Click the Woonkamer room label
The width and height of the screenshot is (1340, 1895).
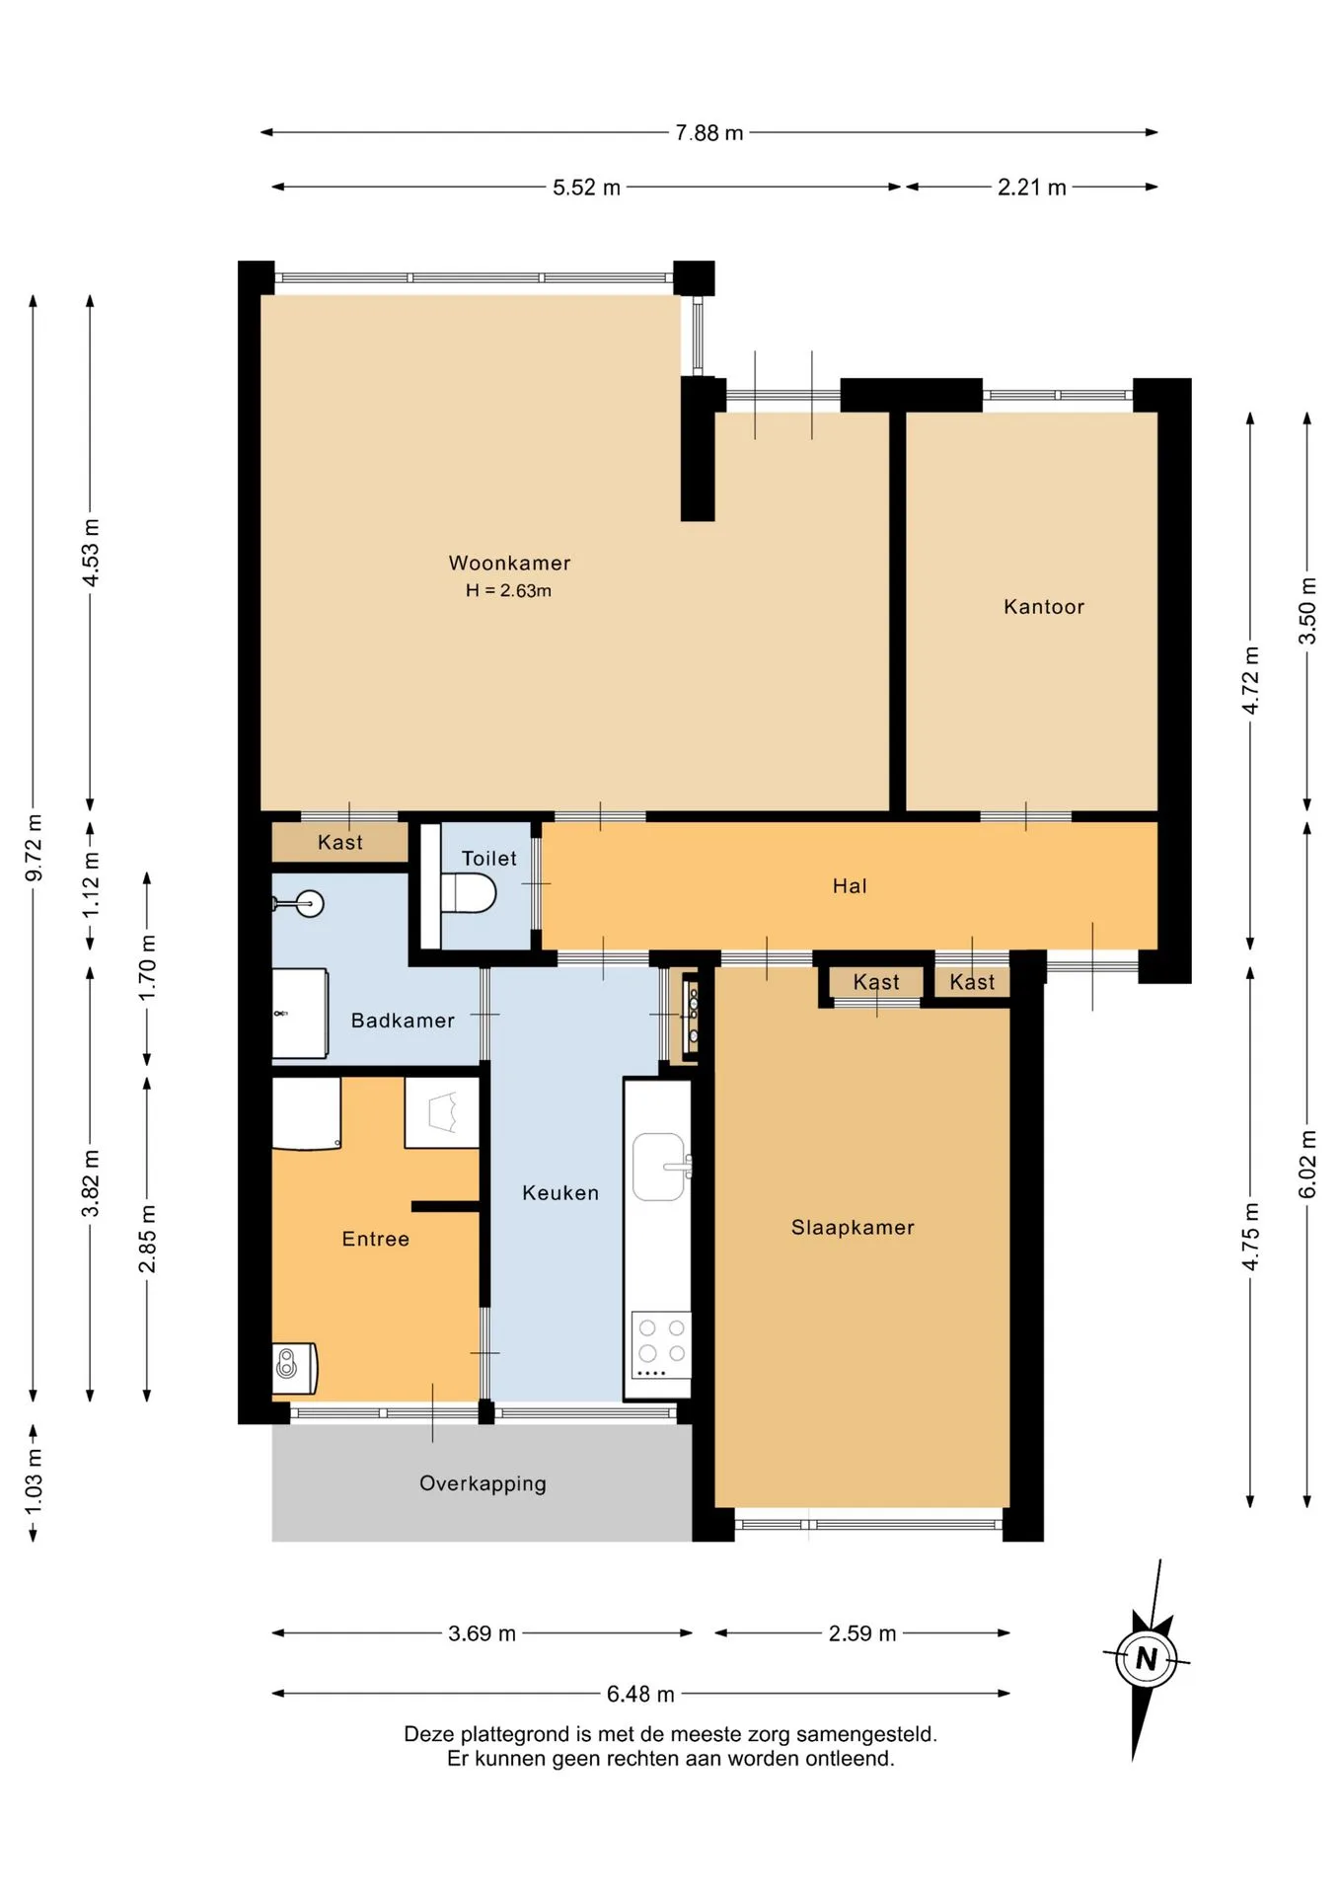point(509,563)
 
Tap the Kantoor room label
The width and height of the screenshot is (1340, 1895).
point(1044,606)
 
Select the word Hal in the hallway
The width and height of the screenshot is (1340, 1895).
point(850,885)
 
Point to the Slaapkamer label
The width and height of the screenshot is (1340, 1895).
point(853,1227)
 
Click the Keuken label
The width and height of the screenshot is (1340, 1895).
point(560,1192)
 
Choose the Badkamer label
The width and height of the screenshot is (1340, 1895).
point(403,1020)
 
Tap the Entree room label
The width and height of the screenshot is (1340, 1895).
point(375,1239)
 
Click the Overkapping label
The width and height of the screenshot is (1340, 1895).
point(483,1483)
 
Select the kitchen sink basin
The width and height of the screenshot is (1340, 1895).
point(658,1167)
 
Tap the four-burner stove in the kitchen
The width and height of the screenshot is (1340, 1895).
point(661,1345)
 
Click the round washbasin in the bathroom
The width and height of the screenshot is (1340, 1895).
point(310,903)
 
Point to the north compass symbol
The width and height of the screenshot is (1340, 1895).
point(1146,1659)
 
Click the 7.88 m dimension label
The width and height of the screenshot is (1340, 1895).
point(708,132)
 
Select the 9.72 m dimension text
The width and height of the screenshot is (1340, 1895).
point(34,848)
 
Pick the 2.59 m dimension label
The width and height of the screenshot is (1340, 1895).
point(862,1633)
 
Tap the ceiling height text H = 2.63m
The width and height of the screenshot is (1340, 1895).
point(508,590)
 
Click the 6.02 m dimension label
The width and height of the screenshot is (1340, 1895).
point(1307,1165)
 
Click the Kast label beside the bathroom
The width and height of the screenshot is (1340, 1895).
point(339,842)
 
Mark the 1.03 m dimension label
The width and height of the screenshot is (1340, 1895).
point(34,1481)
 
